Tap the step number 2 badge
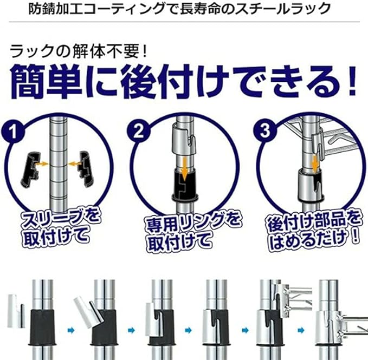point(139,132)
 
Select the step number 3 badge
point(265,130)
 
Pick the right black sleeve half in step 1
point(86,169)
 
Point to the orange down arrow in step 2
point(185,168)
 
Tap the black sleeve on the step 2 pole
point(185,185)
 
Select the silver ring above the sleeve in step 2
point(184,140)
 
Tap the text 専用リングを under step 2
point(193,223)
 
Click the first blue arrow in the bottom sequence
point(71,330)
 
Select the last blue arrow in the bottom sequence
point(301,330)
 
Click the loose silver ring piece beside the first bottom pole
point(16,311)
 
